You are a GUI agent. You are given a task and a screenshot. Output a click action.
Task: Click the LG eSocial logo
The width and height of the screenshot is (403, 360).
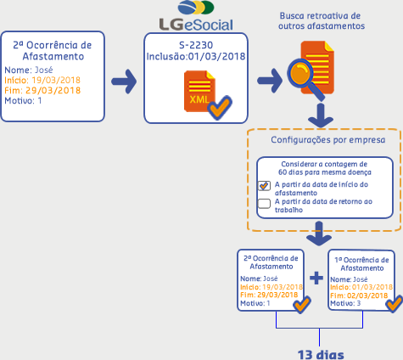(x=196, y=15)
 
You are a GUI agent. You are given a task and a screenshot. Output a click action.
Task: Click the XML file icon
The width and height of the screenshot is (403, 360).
(x=199, y=91)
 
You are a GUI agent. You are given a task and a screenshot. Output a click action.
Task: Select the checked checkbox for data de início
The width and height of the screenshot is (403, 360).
(x=264, y=186)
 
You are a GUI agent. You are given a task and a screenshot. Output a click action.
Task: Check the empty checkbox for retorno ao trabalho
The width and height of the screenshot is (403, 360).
(x=264, y=204)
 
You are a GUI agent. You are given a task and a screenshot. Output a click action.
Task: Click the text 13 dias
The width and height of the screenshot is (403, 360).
(x=321, y=355)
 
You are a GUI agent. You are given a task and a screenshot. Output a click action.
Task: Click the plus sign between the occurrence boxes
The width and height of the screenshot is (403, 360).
(x=316, y=278)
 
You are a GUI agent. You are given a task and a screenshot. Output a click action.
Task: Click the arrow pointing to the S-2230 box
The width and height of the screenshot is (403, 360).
(x=124, y=82)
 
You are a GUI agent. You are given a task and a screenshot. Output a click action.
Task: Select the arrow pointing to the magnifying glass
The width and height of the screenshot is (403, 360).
(x=270, y=81)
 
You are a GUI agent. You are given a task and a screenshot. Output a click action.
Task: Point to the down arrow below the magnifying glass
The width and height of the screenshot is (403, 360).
(x=321, y=115)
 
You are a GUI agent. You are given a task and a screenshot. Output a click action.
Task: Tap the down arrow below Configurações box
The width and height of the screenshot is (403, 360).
(x=319, y=233)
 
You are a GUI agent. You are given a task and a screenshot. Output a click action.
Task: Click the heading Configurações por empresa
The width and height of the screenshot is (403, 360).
(x=328, y=140)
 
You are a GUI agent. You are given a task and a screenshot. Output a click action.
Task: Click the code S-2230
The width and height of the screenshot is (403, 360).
(x=196, y=45)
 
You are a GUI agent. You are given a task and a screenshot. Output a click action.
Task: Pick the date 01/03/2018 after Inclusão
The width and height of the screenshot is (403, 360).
(x=217, y=57)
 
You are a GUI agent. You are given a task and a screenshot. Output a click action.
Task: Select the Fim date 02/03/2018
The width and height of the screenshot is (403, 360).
(x=367, y=295)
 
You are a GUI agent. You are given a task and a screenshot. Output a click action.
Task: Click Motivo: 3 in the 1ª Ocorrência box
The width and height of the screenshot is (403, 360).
(x=345, y=303)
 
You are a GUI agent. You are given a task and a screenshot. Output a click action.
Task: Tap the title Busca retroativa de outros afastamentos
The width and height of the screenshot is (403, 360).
(x=322, y=21)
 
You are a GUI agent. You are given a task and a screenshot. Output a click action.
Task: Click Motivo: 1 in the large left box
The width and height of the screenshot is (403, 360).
(x=23, y=100)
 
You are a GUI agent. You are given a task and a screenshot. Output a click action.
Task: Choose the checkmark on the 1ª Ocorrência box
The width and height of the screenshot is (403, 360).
(x=395, y=304)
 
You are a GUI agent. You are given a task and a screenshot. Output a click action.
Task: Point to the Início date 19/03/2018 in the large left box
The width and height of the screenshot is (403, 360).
(x=56, y=80)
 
